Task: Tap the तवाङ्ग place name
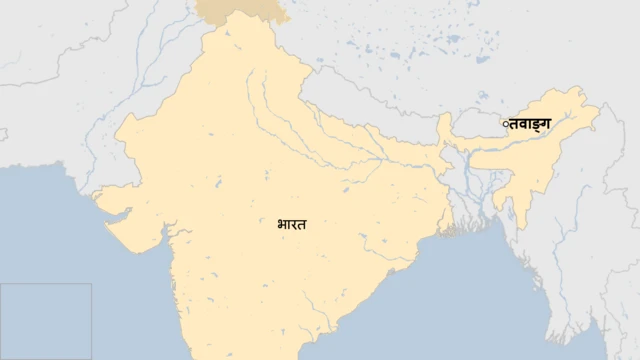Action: tap(530, 124)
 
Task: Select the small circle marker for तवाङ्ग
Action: tap(506, 125)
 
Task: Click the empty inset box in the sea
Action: tap(46, 320)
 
